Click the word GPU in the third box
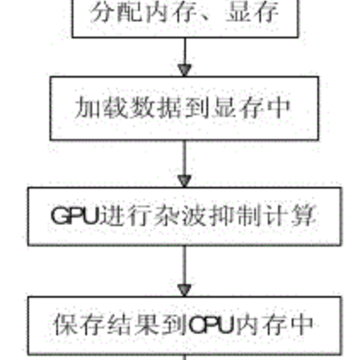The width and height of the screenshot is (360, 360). (74, 215)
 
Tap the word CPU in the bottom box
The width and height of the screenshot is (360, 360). (211, 324)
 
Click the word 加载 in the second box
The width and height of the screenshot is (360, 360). (101, 107)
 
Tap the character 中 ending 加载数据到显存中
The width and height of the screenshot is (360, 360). (278, 107)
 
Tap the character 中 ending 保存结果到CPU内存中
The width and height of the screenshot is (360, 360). (301, 324)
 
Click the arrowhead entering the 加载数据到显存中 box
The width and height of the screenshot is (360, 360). (184, 71)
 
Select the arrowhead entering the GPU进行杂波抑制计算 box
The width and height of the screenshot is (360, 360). (184, 181)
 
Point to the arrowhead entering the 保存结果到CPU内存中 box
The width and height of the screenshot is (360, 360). (184, 290)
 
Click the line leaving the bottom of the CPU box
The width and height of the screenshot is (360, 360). (185, 357)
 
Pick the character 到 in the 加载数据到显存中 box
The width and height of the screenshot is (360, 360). (196, 107)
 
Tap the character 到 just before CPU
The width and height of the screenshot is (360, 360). (175, 324)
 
